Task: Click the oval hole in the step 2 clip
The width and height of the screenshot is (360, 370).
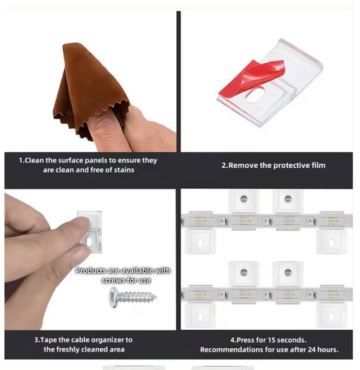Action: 256,95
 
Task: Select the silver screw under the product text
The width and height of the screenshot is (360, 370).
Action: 132,297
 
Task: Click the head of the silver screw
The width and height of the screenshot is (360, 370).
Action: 113,297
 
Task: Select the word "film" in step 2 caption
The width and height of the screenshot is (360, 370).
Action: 318,166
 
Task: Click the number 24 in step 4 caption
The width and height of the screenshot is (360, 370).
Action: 312,350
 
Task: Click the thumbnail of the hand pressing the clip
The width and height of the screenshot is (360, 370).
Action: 90,259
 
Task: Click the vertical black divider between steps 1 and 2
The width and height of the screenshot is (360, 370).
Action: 178,82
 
